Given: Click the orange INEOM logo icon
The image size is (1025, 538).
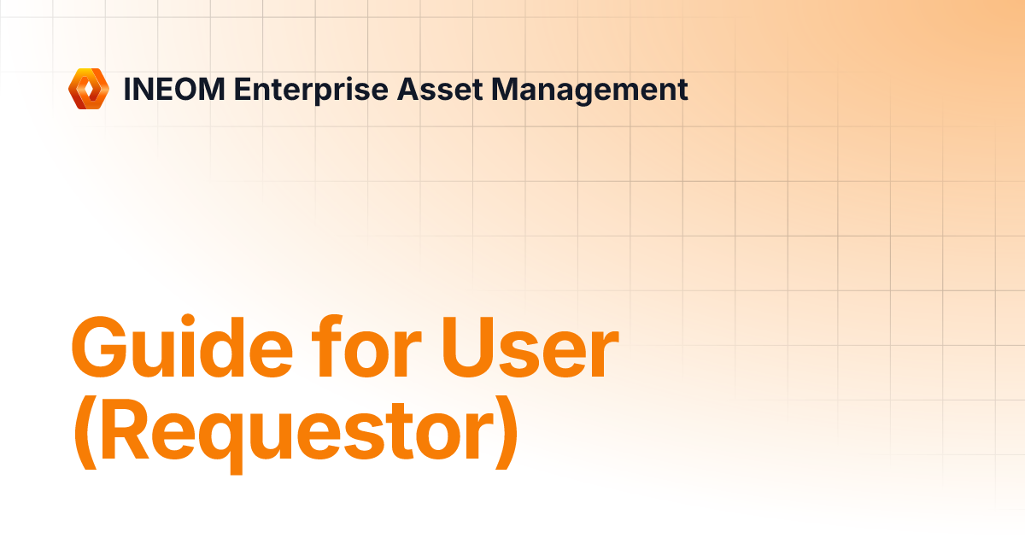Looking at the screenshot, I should (x=89, y=89).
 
